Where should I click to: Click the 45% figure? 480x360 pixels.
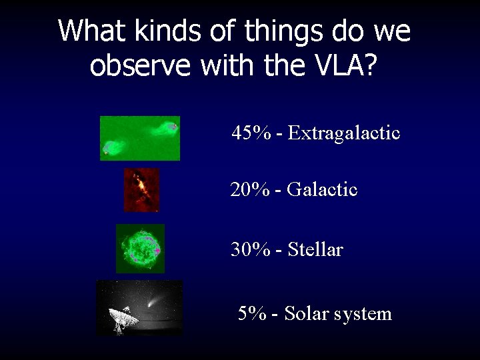[251, 133]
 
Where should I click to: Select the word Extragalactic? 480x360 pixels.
[345, 133]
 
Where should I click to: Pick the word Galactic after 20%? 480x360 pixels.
[323, 190]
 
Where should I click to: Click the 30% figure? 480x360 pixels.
[251, 250]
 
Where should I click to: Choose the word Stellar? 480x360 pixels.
[315, 250]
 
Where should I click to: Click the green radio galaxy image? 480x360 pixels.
[140, 138]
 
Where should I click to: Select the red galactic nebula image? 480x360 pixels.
[141, 190]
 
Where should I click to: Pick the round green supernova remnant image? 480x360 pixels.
[140, 249]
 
